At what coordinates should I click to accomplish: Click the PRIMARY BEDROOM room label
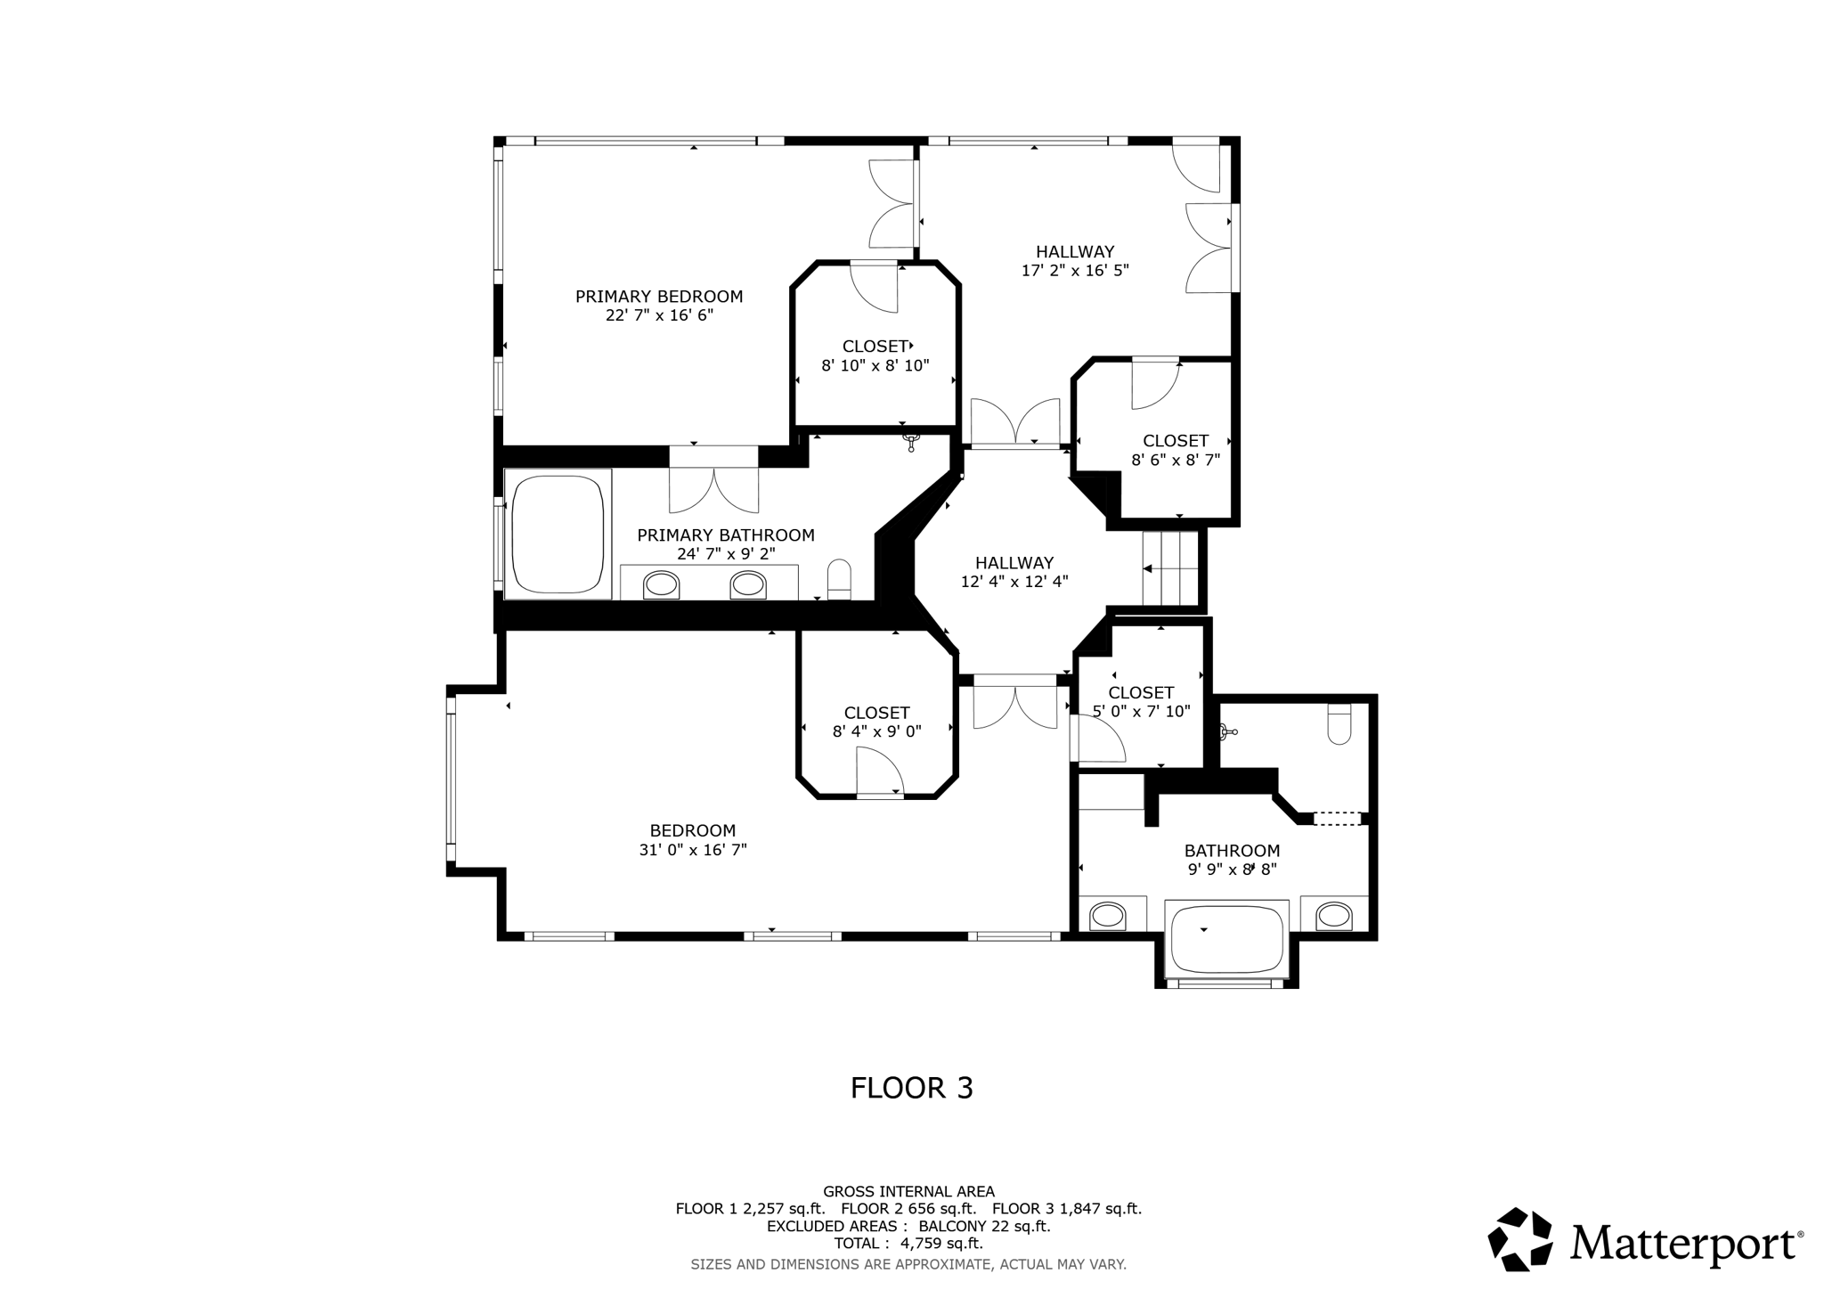click(x=658, y=297)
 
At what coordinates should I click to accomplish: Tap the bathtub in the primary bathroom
click(x=558, y=535)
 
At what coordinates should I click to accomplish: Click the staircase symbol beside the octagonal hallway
click(x=1170, y=568)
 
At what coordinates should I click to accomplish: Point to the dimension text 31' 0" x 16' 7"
click(x=692, y=850)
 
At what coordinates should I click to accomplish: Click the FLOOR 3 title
click(x=911, y=1088)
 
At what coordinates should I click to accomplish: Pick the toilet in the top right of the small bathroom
click(x=1339, y=723)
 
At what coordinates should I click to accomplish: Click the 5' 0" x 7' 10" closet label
click(x=1141, y=712)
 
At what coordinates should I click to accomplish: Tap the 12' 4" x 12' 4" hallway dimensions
click(x=1014, y=582)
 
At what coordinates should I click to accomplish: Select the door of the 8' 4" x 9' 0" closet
click(x=880, y=772)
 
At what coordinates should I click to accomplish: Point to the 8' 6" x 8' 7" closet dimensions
click(x=1175, y=461)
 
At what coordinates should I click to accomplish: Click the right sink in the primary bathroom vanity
click(x=747, y=584)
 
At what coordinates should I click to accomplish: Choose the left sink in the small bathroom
click(x=1107, y=915)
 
